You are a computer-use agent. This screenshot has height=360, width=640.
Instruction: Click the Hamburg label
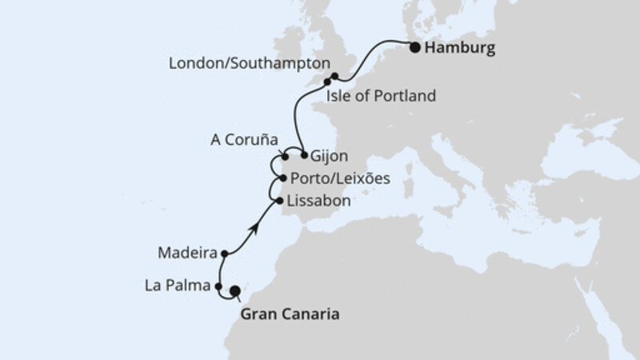(x=461, y=48)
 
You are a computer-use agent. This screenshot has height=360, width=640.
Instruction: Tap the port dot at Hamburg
(x=415, y=47)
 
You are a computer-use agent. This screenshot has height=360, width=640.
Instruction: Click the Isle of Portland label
(x=381, y=97)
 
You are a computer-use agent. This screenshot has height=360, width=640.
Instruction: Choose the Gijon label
(x=330, y=156)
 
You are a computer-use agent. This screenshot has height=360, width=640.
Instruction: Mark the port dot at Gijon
(x=304, y=154)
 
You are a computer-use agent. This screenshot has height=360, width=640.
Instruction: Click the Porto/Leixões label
(x=341, y=178)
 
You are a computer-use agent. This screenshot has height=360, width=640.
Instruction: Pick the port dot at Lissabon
(x=278, y=201)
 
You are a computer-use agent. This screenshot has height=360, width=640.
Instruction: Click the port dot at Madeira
(x=225, y=254)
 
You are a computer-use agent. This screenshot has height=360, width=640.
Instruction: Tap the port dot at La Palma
(x=218, y=284)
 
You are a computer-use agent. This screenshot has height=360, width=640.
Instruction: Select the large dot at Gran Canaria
(x=235, y=292)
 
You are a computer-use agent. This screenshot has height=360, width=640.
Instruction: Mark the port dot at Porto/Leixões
(x=284, y=178)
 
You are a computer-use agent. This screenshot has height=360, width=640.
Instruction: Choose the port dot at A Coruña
(x=285, y=157)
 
